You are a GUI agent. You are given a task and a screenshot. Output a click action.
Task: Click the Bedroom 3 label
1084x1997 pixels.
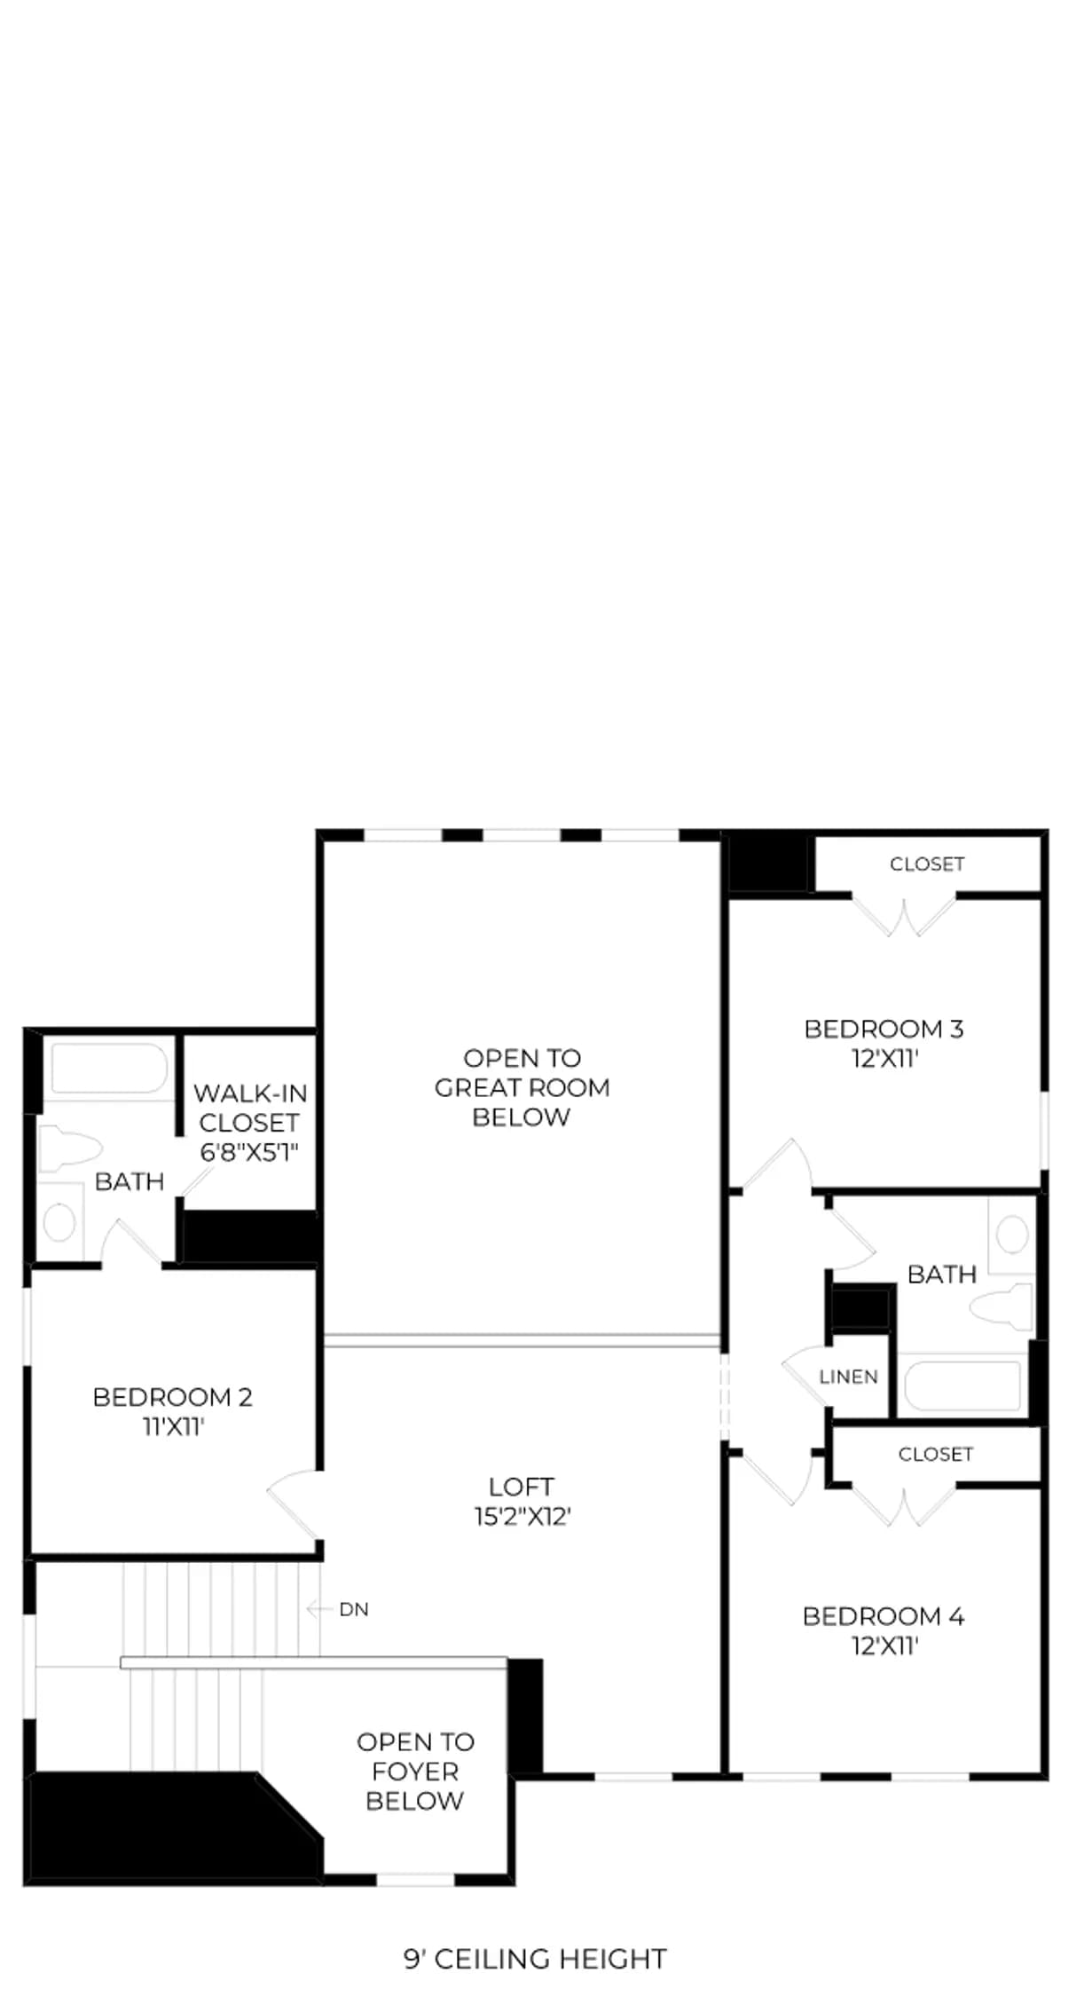(884, 1029)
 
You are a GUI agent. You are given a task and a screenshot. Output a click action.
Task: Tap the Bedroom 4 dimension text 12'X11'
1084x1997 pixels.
(884, 1646)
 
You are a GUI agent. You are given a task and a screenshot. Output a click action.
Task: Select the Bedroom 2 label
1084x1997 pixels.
(173, 1397)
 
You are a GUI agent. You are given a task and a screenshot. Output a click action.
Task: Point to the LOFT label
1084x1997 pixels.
(522, 1486)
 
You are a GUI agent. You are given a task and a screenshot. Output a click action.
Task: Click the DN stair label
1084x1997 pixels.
(354, 1609)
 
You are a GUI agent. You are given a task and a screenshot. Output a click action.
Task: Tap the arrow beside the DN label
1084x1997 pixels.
(318, 1608)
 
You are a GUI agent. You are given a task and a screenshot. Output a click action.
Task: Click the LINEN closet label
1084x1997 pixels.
(848, 1377)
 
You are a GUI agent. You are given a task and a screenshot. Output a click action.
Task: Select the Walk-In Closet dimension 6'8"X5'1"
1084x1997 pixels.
(249, 1152)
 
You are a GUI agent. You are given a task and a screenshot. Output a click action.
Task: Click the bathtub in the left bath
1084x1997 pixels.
(108, 1069)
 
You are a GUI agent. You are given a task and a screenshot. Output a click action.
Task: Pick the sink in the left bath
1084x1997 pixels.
(60, 1221)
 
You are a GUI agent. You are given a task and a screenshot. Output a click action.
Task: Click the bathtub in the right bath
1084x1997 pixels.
(962, 1385)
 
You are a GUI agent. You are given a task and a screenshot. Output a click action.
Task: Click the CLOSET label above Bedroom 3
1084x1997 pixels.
(927, 864)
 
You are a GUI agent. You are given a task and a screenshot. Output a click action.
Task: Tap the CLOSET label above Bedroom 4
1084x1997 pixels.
(936, 1454)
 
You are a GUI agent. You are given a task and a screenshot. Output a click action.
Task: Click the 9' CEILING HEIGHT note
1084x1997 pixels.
(535, 1959)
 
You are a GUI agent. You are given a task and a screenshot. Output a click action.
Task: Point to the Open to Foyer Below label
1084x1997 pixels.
(415, 1772)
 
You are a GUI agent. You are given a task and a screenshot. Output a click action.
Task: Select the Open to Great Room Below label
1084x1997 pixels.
(522, 1087)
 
